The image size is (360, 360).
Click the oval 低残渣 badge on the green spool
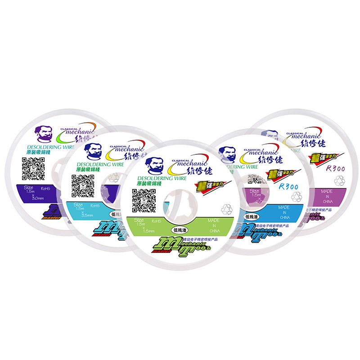tap(180, 229)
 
